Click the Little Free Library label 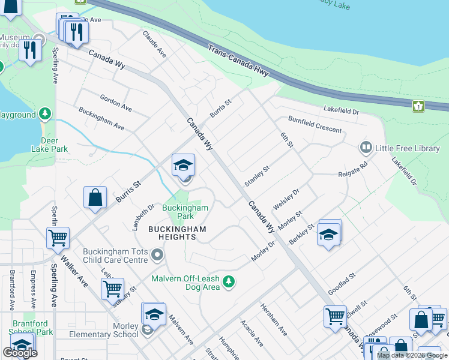pos(408,148)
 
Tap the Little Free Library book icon pos(365,147)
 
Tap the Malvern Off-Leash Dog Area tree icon pos(228,281)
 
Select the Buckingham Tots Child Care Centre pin pos(158,256)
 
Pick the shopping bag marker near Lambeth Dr pos(95,197)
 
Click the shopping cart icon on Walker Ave pos(58,238)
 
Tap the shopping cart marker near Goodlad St pos(335,316)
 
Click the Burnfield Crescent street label pos(315,125)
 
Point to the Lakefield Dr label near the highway pos(340,111)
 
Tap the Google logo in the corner pos(20,353)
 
